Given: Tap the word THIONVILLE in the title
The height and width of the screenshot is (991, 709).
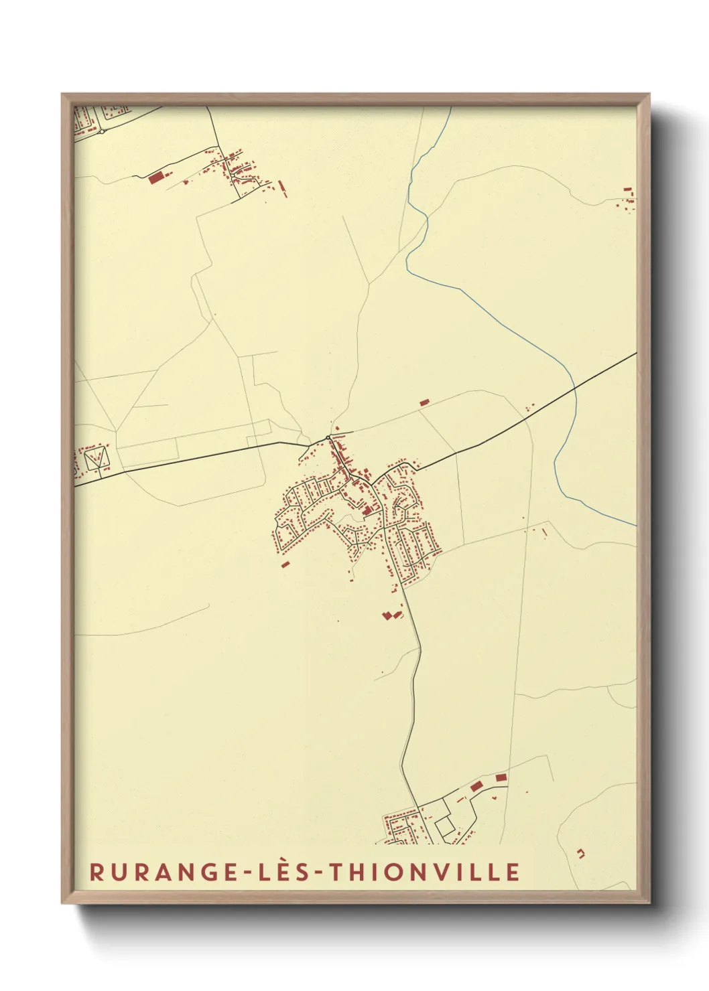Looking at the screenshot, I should pos(426,872).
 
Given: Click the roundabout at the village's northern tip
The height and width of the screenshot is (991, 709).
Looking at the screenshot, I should pos(328,438).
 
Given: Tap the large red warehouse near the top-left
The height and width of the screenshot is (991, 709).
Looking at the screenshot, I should pos(155,177).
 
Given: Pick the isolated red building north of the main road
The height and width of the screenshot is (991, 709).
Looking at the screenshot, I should pos(424,402).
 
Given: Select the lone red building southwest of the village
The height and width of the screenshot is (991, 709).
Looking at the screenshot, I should pos(285,564).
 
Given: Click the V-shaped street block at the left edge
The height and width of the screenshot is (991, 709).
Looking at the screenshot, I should pos(96,459).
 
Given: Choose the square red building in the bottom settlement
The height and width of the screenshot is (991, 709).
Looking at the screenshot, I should pos(501,777).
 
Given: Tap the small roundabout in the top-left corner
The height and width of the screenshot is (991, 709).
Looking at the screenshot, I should pos(101,132).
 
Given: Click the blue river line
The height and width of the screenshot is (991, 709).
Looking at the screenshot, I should pos(509,323).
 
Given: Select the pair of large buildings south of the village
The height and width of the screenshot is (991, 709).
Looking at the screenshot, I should pos(391,615).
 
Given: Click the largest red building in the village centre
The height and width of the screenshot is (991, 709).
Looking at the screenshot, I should pos(367,510).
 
